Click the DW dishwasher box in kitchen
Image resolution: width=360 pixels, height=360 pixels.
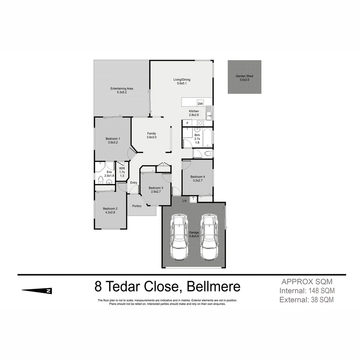(200, 104)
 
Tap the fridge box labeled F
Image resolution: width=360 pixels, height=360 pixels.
(187, 123)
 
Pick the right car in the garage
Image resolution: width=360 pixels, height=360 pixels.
(209, 237)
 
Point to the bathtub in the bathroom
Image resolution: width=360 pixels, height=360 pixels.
(207, 137)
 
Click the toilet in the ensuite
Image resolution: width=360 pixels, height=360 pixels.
(101, 180)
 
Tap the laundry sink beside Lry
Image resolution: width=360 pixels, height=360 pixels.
(193, 200)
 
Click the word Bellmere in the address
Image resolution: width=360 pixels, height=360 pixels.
(213, 287)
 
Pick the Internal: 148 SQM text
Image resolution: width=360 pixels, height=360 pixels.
(307, 291)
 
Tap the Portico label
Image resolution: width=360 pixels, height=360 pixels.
(137, 206)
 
